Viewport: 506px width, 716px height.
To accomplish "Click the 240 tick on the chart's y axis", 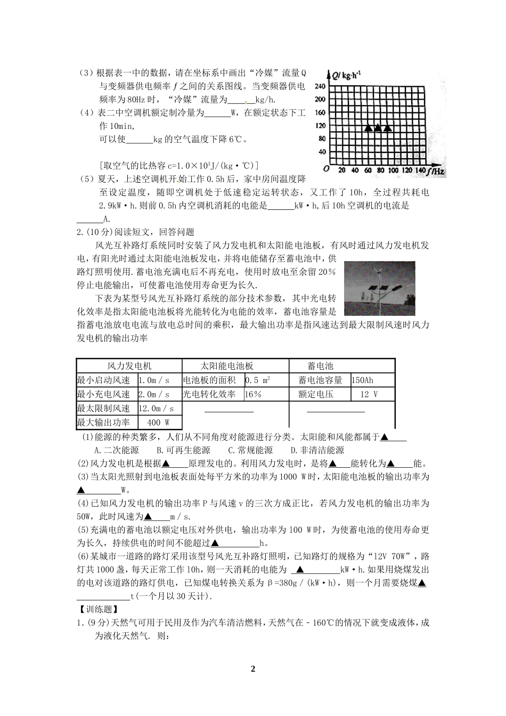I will tap(320, 86).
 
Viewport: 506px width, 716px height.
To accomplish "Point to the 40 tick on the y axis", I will tap(322, 152).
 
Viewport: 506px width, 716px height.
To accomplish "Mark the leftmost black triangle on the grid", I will tap(368, 128).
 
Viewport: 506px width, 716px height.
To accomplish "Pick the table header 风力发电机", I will tap(129, 366).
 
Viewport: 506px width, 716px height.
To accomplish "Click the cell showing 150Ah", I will tap(362, 380).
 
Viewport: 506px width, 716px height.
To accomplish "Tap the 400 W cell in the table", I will tap(158, 422).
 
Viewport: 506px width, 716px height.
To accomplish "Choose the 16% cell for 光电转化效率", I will tap(253, 394).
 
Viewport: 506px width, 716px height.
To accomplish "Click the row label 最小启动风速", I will tap(104, 380).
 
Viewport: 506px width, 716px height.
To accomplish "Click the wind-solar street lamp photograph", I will tap(379, 288).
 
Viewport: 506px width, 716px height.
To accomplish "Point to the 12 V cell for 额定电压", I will tap(369, 394).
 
